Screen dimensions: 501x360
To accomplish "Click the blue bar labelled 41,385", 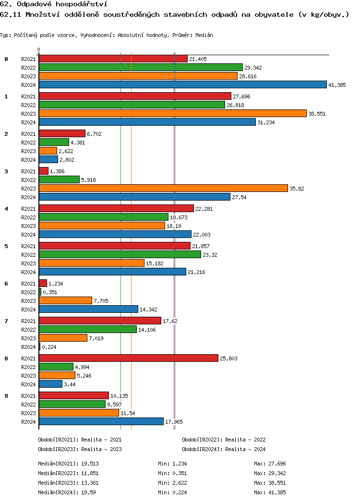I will tap(182, 84).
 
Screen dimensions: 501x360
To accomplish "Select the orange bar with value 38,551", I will tap(172, 113).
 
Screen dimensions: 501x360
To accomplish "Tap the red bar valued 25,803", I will tap(128, 358).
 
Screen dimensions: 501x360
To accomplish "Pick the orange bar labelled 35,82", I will tap(163, 188).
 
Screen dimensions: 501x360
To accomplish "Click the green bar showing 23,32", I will tap(120, 254).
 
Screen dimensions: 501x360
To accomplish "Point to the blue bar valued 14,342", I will tap(88, 309).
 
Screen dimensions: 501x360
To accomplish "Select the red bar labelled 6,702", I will tap(62, 133).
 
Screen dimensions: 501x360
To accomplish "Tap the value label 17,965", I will tap(174, 422).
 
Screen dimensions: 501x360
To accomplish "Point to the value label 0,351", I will tap(50, 292).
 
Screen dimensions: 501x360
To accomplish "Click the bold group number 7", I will tap(6, 321).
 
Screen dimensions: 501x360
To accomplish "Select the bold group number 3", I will tap(6, 171).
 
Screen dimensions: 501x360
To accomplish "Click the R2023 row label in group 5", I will tap(28, 263).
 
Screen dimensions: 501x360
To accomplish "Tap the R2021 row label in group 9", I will tap(28, 396).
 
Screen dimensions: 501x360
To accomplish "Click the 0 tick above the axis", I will tap(39, 50).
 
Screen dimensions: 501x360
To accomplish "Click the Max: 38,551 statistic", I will tap(270, 483).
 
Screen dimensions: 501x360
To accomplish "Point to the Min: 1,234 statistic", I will tap(172, 464).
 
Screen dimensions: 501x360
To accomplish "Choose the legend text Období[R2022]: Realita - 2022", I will tap(224, 440).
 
